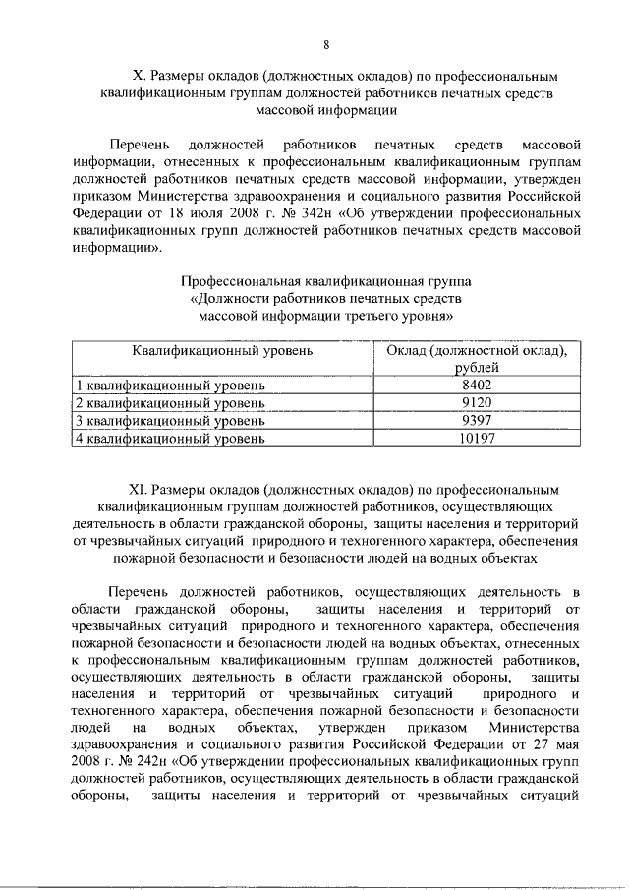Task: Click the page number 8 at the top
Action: coord(325,44)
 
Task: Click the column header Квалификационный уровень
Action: coord(223,350)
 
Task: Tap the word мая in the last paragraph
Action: coord(563,744)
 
